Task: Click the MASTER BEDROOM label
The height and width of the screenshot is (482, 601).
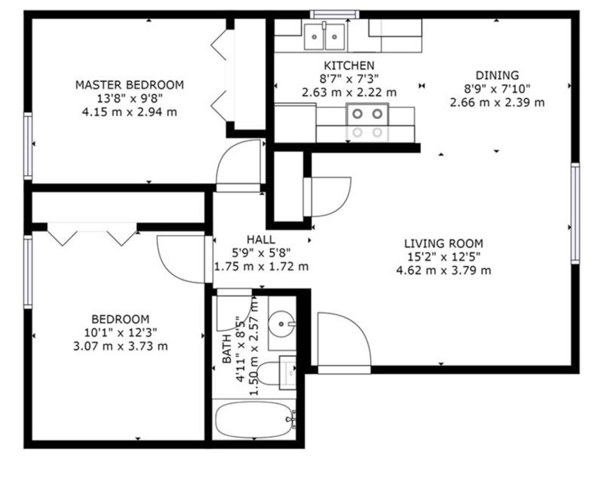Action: (x=130, y=85)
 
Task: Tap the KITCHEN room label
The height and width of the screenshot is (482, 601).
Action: (x=349, y=66)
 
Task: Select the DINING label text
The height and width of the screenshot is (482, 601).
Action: (x=497, y=75)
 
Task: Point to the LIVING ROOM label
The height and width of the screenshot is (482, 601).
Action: (x=443, y=244)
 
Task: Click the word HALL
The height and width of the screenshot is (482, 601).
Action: (x=261, y=240)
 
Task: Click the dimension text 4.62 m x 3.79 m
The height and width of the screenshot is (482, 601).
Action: (x=443, y=270)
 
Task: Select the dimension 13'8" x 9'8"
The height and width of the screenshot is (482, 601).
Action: (x=130, y=98)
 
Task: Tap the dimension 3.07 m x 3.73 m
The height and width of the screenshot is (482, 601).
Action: (x=120, y=346)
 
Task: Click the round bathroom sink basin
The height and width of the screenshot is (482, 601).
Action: (x=281, y=324)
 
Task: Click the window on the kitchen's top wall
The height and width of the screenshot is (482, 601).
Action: (x=335, y=14)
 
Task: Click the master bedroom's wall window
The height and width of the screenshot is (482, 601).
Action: (x=28, y=146)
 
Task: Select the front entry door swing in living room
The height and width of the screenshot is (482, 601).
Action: (x=344, y=343)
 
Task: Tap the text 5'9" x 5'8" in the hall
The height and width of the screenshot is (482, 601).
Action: (x=261, y=253)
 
